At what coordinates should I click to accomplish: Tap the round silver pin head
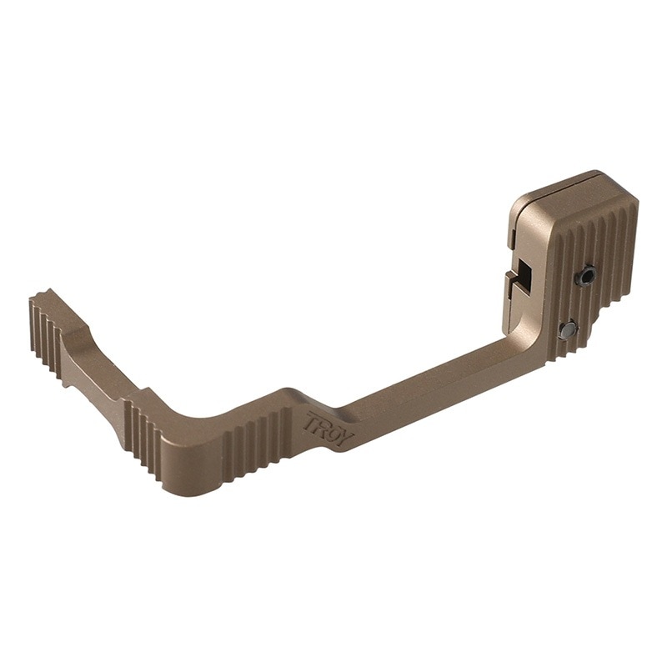point(568,329)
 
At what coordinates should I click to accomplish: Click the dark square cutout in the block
point(527,277)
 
